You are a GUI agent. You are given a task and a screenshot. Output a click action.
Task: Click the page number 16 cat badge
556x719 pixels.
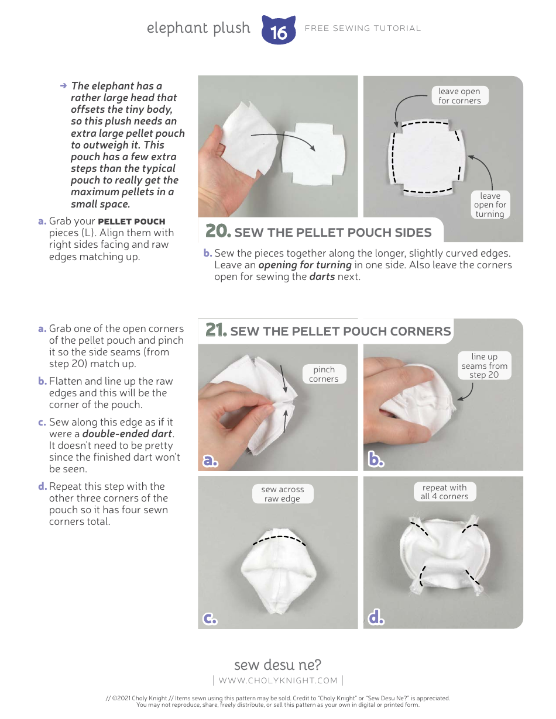pyautogui.click(x=279, y=30)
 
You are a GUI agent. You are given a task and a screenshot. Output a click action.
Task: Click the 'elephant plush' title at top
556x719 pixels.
pyautogui.click(x=198, y=28)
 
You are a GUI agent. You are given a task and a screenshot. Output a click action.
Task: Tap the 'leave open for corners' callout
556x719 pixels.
pyautogui.click(x=459, y=96)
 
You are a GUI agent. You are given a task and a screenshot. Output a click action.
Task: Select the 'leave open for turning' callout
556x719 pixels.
pyautogui.click(x=490, y=205)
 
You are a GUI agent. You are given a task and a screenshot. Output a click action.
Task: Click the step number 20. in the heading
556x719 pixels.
pyautogui.click(x=217, y=231)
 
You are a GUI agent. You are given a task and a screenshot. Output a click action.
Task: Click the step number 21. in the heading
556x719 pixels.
pyautogui.click(x=216, y=330)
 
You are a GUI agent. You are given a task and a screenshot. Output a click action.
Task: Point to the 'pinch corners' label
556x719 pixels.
pyautogui.click(x=324, y=374)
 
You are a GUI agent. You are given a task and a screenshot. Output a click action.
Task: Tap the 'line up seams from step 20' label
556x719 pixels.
pyautogui.click(x=484, y=365)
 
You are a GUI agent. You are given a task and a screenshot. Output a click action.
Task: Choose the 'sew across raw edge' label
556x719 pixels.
pyautogui.click(x=282, y=494)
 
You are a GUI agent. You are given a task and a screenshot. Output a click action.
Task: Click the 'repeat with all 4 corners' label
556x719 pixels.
pyautogui.click(x=444, y=492)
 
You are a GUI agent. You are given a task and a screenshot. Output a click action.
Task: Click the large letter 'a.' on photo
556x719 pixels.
pyautogui.click(x=211, y=461)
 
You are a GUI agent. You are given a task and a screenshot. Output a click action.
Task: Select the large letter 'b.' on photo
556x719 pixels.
pyautogui.click(x=376, y=461)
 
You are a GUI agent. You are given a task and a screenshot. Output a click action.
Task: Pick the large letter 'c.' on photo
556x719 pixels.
pyautogui.click(x=210, y=618)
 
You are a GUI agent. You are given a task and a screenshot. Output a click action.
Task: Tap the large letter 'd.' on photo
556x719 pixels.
pyautogui.click(x=376, y=618)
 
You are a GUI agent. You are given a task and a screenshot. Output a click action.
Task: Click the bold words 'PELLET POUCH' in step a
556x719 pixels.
pyautogui.click(x=132, y=222)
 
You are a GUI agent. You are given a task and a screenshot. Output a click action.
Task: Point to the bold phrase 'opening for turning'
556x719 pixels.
pyautogui.click(x=305, y=265)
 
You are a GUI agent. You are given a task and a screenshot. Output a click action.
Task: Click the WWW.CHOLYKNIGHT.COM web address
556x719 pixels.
pyautogui.click(x=278, y=680)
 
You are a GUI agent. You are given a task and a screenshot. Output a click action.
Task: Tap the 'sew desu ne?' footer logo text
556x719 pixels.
pyautogui.click(x=277, y=665)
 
